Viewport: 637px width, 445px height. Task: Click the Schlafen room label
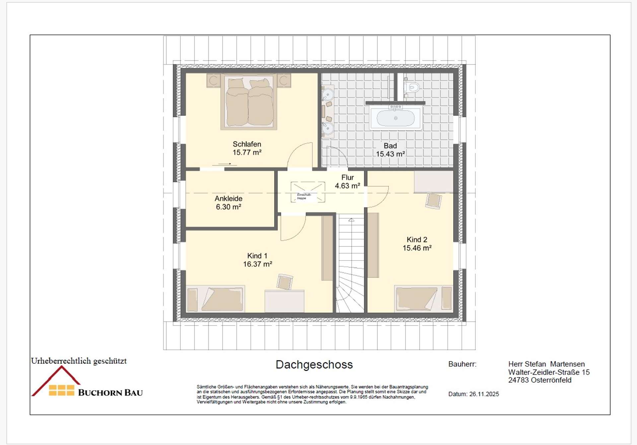tap(247, 144)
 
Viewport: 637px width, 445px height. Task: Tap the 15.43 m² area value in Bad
tap(390, 154)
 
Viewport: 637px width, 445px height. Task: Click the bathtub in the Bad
tap(395, 118)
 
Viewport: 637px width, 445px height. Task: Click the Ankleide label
tap(228, 198)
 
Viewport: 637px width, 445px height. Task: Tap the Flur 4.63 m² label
tap(347, 182)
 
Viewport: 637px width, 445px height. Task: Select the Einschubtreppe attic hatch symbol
tap(308, 192)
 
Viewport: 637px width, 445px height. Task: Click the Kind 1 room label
tap(257, 256)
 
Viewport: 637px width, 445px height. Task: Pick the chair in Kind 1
tap(285, 282)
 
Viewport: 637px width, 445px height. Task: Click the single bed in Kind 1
tap(215, 299)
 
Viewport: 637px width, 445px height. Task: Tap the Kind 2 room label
tap(417, 240)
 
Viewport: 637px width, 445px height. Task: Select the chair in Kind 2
tap(434, 201)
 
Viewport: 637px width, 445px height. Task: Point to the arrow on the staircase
tap(351, 220)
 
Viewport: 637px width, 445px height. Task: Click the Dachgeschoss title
tap(314, 364)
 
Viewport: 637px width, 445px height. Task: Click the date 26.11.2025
tap(484, 394)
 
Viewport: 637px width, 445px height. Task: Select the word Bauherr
tap(462, 364)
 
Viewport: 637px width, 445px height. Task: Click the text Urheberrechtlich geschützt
tap(79, 361)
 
